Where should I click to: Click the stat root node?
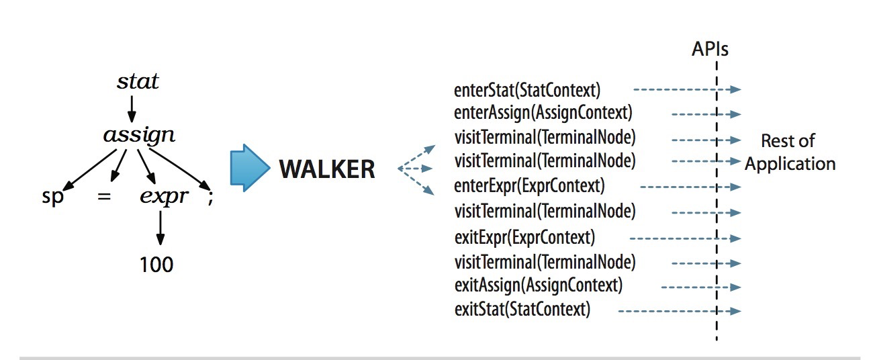(138, 82)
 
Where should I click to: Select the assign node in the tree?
(139, 136)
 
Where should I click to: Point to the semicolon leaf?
(210, 199)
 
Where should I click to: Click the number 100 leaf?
(156, 264)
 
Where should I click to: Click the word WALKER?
(327, 169)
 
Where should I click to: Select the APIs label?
(710, 49)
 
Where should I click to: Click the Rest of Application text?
(790, 152)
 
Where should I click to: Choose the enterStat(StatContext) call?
(527, 89)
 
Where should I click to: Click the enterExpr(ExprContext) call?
(530, 185)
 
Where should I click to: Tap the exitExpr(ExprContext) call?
(525, 237)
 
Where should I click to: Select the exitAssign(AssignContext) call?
(539, 285)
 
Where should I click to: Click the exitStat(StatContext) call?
(522, 310)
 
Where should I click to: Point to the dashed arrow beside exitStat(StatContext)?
(678, 310)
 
